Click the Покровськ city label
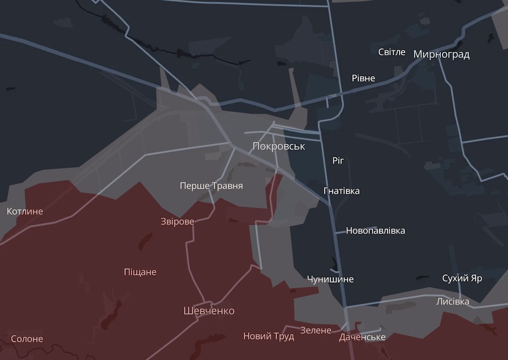[279, 146]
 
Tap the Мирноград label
[441, 55]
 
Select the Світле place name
[392, 52]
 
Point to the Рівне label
[363, 78]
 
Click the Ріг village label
[338, 161]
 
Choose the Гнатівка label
[341, 191]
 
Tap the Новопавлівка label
[375, 230]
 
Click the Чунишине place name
[330, 279]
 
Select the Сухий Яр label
[462, 279]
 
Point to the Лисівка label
[453, 301]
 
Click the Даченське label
[362, 337]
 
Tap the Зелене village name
[316, 330]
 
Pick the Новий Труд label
[269, 336]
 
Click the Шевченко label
[209, 311]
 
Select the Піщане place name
[140, 272]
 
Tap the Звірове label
[178, 221]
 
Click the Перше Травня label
[211, 185]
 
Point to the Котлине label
[25, 211]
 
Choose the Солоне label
[27, 339]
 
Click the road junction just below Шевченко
[198, 319]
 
